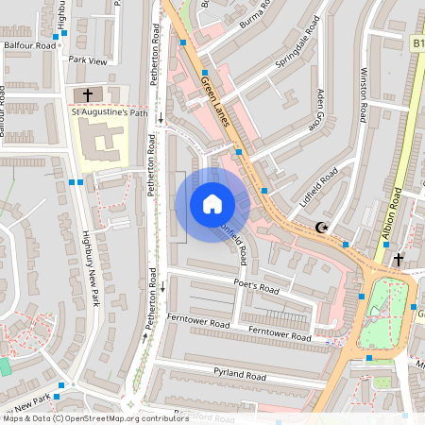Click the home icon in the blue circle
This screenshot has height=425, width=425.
click(212, 204)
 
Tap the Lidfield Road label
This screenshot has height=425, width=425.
click(316, 187)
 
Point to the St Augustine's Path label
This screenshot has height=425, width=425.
click(110, 114)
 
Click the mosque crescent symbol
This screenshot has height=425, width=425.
click(322, 228)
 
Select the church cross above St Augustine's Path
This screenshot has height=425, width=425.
click(89, 94)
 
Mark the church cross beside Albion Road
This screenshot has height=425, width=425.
click(399, 258)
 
